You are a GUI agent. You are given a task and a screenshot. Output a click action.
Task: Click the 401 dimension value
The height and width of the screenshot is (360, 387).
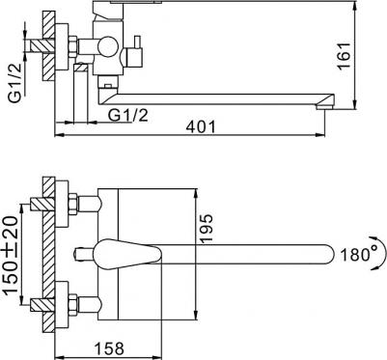tap(201, 127)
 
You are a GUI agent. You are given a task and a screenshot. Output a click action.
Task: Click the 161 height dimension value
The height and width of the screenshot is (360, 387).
tap(344, 55)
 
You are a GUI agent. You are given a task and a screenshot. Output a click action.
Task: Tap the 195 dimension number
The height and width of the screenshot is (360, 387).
tap(207, 228)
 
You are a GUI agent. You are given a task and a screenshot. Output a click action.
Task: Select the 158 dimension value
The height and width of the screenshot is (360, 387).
tap(109, 347)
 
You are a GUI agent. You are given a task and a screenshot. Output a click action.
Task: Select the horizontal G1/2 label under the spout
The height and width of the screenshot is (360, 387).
tap(128, 115)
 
